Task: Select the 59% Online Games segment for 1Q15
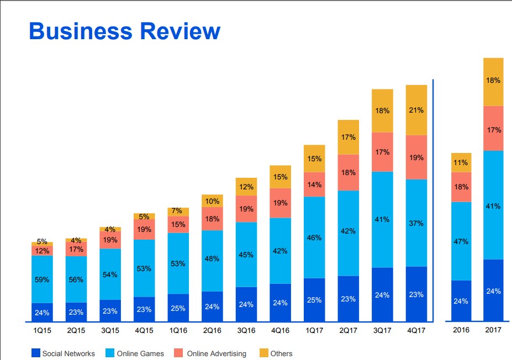[42, 279]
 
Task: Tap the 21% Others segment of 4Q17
[416, 110]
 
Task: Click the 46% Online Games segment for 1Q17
[314, 237]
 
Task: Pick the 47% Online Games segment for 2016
[461, 241]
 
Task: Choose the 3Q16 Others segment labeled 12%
[246, 187]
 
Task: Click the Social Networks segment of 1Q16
[178, 308]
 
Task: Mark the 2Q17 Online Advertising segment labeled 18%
[349, 172]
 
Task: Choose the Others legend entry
[281, 353]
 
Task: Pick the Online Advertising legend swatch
[179, 353]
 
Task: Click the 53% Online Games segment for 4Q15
[144, 268]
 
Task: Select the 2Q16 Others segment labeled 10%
[212, 201]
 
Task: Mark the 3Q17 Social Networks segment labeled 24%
[382, 295]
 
